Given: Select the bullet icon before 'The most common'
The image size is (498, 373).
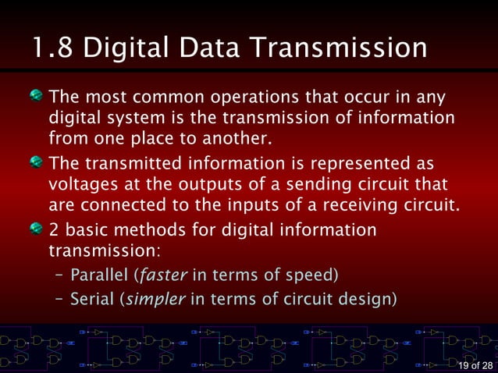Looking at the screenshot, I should click(37, 99).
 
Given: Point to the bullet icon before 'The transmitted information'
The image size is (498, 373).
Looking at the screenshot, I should click(37, 165).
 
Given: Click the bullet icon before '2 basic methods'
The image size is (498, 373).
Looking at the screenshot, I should click(37, 230).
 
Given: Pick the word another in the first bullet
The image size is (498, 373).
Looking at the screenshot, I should click(238, 140).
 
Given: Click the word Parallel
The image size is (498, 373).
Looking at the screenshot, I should click(100, 275).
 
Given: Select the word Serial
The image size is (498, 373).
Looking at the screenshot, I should click(90, 299).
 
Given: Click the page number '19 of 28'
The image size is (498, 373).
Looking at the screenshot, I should click(475, 366).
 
